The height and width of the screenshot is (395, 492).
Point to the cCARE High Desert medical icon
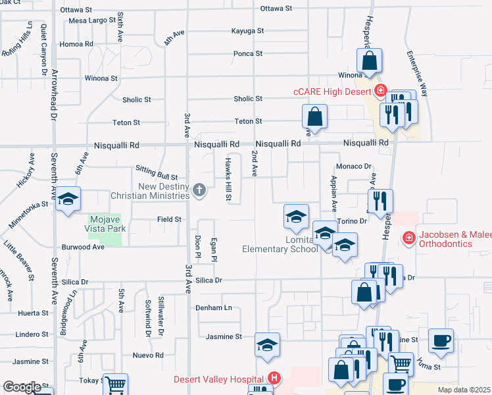[x=379, y=91]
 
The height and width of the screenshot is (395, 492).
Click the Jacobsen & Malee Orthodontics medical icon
[x=408, y=236]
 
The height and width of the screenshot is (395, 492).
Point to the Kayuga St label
[x=247, y=30]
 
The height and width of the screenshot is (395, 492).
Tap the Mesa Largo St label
[x=92, y=20]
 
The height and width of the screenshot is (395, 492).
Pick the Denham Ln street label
[x=214, y=307]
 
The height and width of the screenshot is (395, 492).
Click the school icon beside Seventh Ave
[x=67, y=201]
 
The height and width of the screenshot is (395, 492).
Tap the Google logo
[x=22, y=387]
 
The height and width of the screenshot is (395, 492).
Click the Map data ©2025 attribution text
[x=464, y=390]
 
